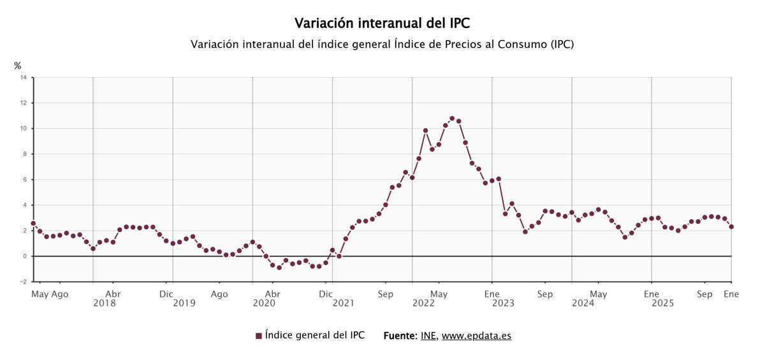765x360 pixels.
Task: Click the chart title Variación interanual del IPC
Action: point(382,24)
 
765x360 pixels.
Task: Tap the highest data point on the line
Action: point(452,119)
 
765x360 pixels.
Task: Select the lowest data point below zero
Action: point(279,268)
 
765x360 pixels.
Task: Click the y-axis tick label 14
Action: point(23,78)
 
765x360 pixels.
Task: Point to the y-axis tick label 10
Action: point(23,129)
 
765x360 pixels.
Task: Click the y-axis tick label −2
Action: point(22,282)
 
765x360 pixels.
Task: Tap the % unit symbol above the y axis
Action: point(18,66)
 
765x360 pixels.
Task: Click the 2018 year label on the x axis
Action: point(105,304)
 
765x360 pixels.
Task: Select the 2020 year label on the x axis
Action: point(264,304)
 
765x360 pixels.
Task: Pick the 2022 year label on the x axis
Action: point(423,304)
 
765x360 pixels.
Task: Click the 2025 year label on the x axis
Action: point(662,304)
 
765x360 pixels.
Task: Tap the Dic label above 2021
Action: point(326,294)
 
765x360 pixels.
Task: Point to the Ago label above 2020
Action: point(219,294)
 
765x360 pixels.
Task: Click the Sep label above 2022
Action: point(385,294)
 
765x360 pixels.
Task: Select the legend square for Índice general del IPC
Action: point(259,336)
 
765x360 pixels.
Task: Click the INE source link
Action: point(428,336)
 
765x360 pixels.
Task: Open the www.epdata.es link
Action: point(476,336)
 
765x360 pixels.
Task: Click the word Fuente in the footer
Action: point(400,336)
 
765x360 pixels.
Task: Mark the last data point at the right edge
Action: point(731,227)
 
